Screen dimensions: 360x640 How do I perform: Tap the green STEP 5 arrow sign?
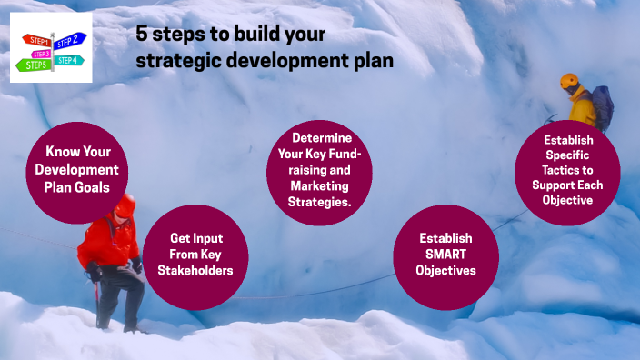tap(36, 65)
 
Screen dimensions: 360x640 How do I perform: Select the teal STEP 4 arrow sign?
tap(67, 60)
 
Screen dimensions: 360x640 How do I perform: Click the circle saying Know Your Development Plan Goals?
tap(77, 171)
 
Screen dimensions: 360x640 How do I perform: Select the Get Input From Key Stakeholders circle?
tap(196, 256)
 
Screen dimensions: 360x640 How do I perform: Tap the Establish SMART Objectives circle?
tap(445, 256)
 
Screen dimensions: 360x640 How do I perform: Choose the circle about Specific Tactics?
tap(567, 172)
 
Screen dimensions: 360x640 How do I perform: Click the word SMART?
tap(445, 255)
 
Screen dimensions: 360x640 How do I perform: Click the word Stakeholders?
tap(196, 270)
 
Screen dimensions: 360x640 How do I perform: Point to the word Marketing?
tap(314, 187)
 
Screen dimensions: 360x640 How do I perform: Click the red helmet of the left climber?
tap(125, 205)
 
